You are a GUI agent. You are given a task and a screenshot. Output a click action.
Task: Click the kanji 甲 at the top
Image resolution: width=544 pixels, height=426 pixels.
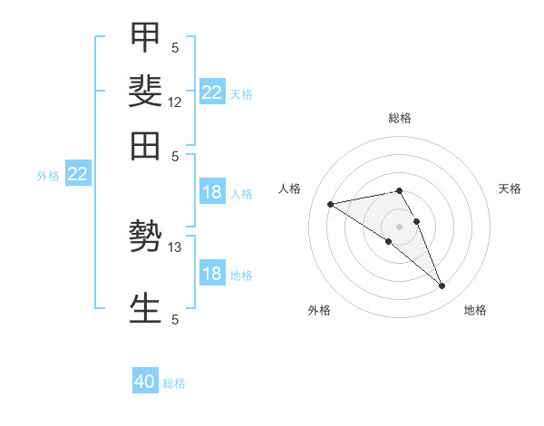pyautogui.click(x=145, y=37)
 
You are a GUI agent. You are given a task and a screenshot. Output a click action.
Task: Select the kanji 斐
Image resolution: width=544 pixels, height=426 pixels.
pyautogui.click(x=145, y=92)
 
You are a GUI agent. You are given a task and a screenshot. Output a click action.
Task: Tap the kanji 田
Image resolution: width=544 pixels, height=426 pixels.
pyautogui.click(x=145, y=146)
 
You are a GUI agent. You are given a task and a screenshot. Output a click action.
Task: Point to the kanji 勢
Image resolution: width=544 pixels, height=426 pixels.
pyautogui.click(x=145, y=237)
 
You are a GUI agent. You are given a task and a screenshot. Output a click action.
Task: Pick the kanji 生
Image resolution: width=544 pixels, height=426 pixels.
pyautogui.click(x=145, y=308)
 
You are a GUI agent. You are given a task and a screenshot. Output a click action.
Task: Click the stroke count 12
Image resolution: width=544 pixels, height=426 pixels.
pyautogui.click(x=174, y=102)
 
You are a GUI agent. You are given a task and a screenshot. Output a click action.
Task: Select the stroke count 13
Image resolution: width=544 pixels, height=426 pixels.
pyautogui.click(x=174, y=247)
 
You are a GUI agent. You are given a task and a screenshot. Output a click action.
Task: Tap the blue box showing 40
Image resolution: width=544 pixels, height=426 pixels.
pyautogui.click(x=145, y=380)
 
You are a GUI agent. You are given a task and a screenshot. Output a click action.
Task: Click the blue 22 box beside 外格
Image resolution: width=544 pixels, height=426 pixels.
pyautogui.click(x=78, y=173)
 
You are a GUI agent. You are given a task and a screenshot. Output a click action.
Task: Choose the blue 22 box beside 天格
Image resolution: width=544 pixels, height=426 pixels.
pyautogui.click(x=212, y=92)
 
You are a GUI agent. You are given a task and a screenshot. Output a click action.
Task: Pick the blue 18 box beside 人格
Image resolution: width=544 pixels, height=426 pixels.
pyautogui.click(x=212, y=191)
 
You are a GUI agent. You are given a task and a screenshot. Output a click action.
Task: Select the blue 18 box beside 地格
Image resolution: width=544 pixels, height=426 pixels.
pyautogui.click(x=212, y=272)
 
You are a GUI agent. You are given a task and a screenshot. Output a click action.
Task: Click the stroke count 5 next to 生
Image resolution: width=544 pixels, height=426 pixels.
pyautogui.click(x=175, y=320)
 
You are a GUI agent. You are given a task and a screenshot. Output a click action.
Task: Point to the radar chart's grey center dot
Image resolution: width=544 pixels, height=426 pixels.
pyautogui.click(x=399, y=227)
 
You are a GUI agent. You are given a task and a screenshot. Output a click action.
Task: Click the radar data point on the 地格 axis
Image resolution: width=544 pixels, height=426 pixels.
pyautogui.click(x=442, y=286)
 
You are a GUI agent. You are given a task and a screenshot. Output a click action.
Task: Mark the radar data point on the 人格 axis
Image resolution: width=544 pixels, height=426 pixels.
pyautogui.click(x=330, y=204)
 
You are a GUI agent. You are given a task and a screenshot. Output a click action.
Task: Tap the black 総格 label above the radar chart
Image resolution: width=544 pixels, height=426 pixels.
pyautogui.click(x=400, y=118)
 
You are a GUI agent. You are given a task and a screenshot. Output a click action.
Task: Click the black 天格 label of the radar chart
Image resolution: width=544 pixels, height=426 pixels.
pyautogui.click(x=510, y=189)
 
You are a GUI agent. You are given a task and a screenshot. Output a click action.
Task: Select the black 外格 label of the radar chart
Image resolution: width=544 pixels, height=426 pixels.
pyautogui.click(x=319, y=310)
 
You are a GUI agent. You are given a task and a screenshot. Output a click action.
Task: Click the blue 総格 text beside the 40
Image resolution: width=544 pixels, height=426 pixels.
pyautogui.click(x=174, y=383)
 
